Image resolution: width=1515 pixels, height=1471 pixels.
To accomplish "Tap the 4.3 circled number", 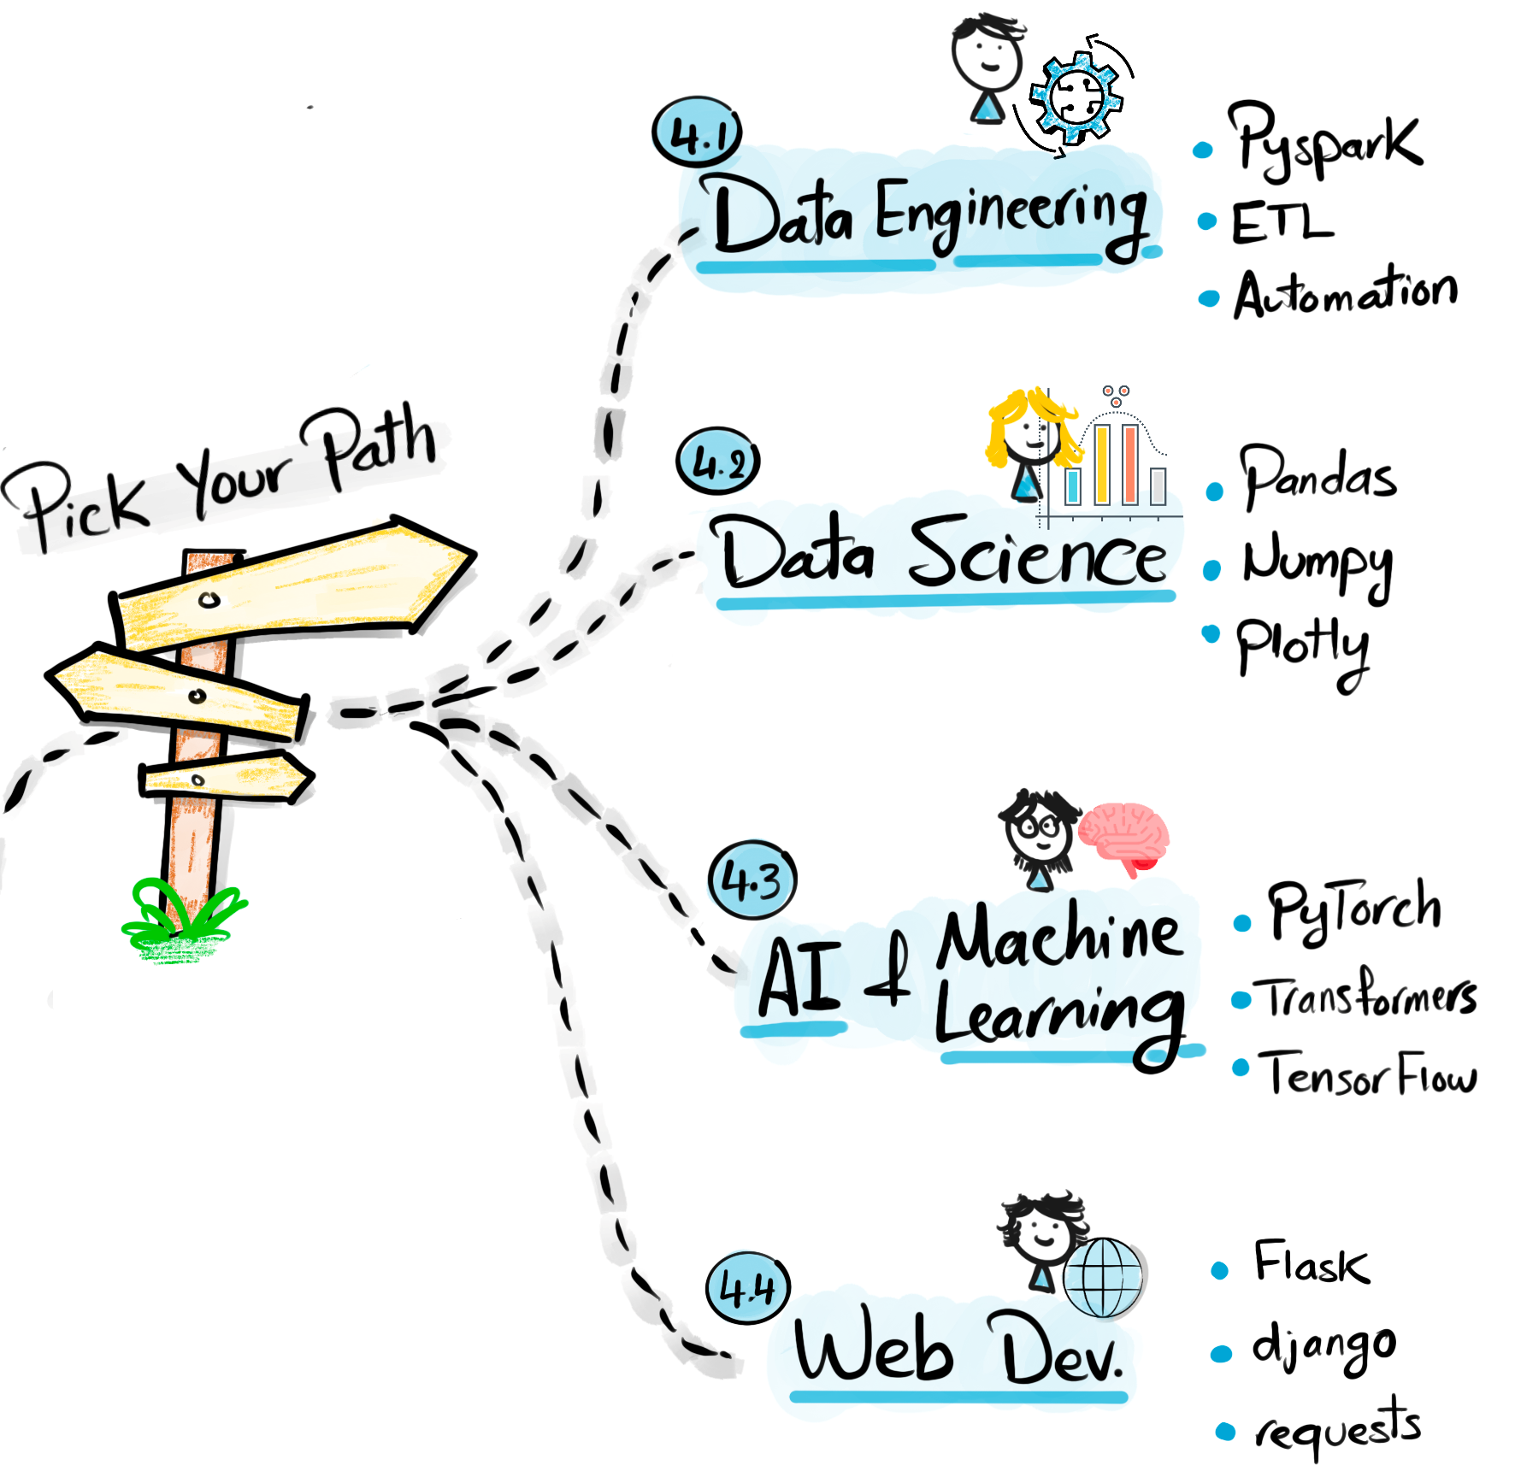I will [752, 880].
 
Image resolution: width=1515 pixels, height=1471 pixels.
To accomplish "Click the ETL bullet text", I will [1280, 224].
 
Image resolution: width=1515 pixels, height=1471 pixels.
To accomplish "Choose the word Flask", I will [1311, 1263].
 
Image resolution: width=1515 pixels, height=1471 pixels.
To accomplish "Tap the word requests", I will [1338, 1428].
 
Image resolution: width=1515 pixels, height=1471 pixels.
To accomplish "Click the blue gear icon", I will [1076, 97].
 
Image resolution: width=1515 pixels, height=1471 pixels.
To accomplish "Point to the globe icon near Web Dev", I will [1103, 1278].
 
